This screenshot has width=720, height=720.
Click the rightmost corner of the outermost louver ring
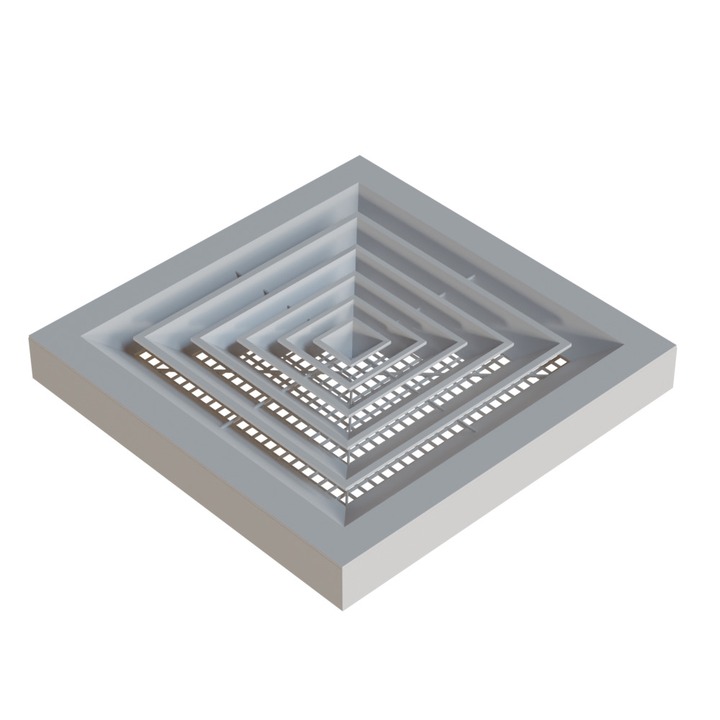click(570, 348)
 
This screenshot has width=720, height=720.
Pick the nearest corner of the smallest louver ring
click(351, 360)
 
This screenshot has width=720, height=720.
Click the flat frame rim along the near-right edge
click(518, 446)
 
